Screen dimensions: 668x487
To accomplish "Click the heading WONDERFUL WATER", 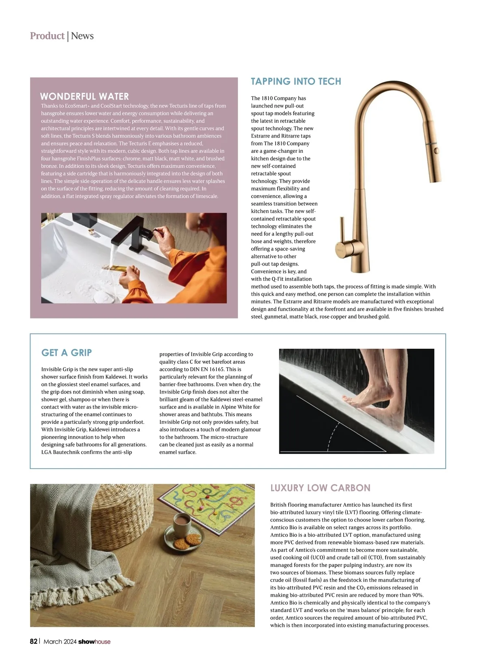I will (84, 97).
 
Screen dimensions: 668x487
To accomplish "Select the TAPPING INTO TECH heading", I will (296, 82).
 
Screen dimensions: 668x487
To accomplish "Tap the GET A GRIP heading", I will (67, 353).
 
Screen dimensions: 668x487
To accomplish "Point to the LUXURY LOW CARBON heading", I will (320, 488).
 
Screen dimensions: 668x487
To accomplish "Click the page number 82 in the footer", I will (34, 642).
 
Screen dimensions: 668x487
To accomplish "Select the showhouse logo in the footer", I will (94, 642).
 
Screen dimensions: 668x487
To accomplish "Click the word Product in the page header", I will (47, 36).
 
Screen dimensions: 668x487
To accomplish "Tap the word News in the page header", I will (82, 36).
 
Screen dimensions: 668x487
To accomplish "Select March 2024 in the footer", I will (60, 642).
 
